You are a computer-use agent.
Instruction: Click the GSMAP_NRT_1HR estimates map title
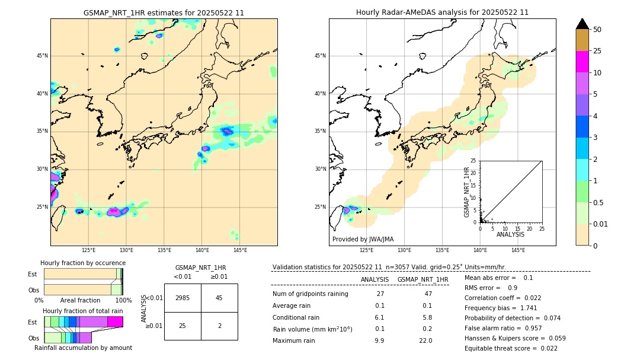tap(164, 12)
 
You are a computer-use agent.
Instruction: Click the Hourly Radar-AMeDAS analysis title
tap(442, 12)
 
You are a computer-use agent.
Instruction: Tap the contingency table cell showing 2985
tap(183, 298)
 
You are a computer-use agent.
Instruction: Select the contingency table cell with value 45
tap(219, 298)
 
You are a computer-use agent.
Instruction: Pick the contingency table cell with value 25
tap(183, 326)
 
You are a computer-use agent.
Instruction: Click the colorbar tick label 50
tap(597, 30)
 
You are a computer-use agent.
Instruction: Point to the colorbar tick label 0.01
tap(600, 224)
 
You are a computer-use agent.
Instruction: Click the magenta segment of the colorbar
tap(583, 62)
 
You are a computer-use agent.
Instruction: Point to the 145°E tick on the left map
tap(240, 250)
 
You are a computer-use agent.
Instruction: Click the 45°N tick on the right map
tap(320, 56)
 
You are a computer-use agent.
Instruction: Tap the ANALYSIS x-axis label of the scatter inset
tap(510, 234)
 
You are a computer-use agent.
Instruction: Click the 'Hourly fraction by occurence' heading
tap(83, 263)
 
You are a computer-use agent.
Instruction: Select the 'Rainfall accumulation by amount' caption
tap(82, 348)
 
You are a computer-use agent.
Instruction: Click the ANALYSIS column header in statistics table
tap(375, 279)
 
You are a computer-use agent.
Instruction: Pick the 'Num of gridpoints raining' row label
tap(310, 294)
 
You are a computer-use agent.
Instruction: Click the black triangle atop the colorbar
tap(583, 24)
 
